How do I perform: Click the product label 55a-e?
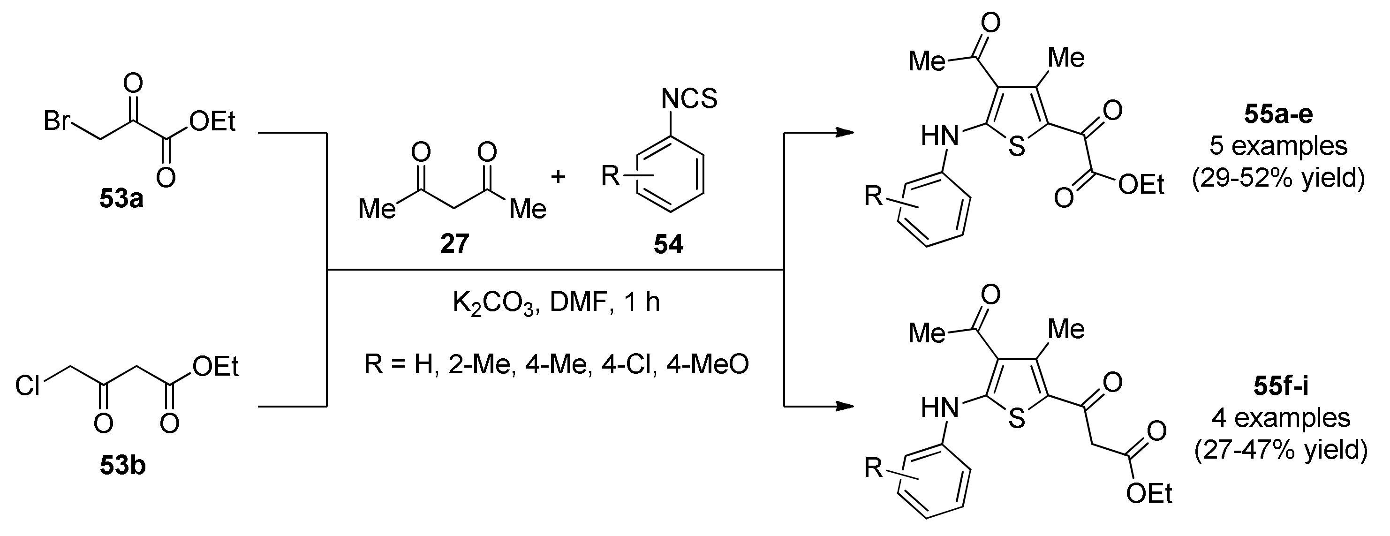[x=1278, y=115]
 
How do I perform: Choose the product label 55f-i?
[x=1280, y=387]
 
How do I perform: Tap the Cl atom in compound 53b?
[x=28, y=386]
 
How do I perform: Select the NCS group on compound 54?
[x=689, y=99]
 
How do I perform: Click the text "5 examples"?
[x=1278, y=146]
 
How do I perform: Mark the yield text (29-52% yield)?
[x=1278, y=178]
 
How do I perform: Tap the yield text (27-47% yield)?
[x=1280, y=450]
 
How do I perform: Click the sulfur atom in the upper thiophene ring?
[x=1016, y=147]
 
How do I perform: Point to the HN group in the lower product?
[x=940, y=408]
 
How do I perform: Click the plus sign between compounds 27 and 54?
[x=559, y=176]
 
